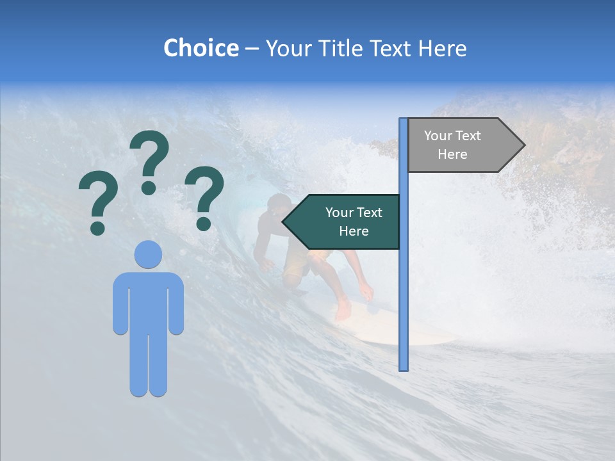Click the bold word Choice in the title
tap(201, 48)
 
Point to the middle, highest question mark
tap(149, 160)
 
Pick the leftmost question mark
tap(97, 204)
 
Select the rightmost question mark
tap(204, 196)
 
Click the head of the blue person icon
tap(148, 254)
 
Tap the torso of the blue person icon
tap(148, 301)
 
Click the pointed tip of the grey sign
tap(523, 145)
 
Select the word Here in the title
tap(442, 48)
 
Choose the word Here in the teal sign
tap(354, 231)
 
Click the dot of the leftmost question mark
tap(97, 228)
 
